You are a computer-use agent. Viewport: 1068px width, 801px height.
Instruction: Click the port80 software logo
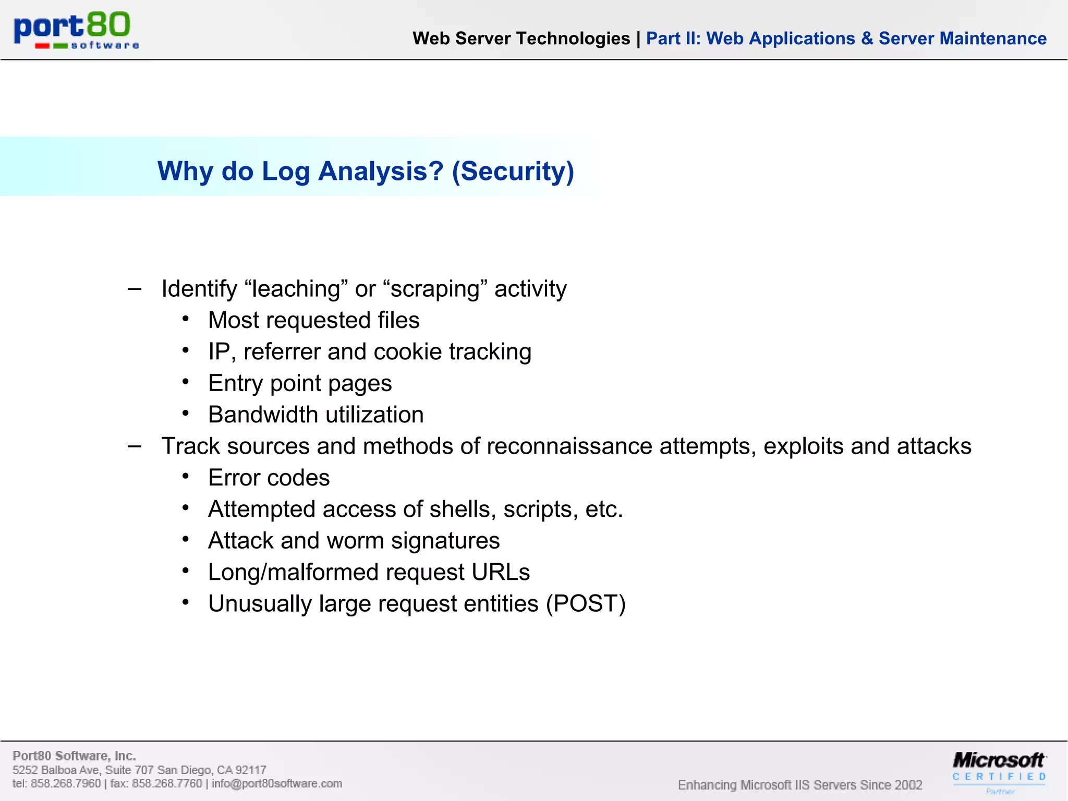point(76,30)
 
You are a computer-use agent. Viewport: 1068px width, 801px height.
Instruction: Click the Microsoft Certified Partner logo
point(999,771)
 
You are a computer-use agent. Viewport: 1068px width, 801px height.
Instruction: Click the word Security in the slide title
point(513,171)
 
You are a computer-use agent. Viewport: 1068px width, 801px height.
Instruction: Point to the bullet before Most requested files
point(186,319)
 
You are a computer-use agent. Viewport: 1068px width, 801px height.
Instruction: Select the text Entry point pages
point(300,384)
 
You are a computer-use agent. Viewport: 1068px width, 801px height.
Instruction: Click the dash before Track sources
point(135,446)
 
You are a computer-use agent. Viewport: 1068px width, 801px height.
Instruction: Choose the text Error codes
point(269,478)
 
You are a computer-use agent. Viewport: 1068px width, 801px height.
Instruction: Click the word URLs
point(500,573)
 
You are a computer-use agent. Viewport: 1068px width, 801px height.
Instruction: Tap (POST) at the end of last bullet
point(586,604)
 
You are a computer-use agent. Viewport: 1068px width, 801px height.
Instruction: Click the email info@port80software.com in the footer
point(277,784)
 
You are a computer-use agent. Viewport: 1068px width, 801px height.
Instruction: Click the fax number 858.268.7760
point(167,784)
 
